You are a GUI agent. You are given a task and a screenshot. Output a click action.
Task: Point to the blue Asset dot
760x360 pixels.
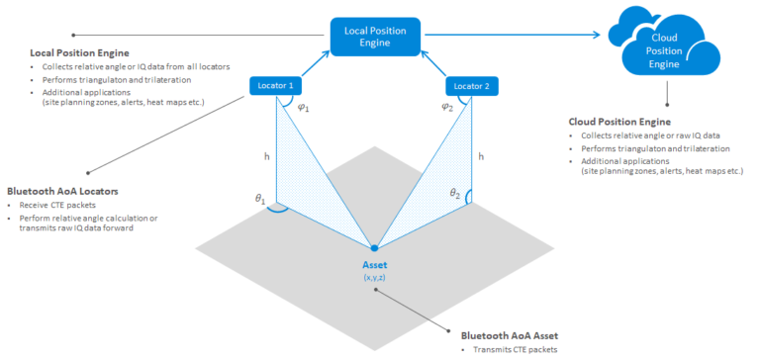pyautogui.click(x=374, y=247)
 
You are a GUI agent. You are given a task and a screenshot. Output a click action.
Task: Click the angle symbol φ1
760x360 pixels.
pyautogui.click(x=304, y=108)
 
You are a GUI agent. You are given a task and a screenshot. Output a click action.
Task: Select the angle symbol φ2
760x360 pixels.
pyautogui.click(x=446, y=108)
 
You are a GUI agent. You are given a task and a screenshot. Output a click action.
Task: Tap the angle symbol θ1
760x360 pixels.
pyautogui.click(x=261, y=200)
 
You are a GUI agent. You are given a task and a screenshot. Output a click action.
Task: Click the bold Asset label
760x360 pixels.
pyautogui.click(x=374, y=265)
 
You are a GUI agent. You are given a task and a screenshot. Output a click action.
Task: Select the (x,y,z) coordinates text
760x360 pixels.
pyautogui.click(x=374, y=278)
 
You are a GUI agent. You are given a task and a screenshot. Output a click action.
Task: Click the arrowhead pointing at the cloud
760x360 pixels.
pyautogui.click(x=597, y=37)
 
